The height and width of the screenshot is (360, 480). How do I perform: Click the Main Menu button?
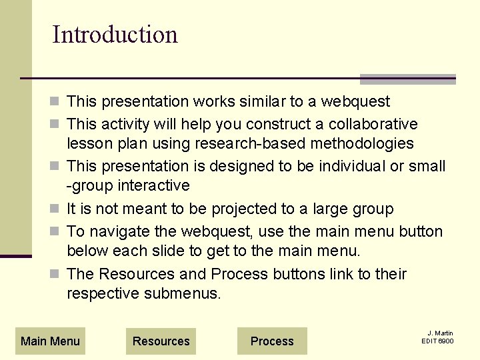(x=50, y=341)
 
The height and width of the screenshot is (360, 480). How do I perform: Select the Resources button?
(x=161, y=341)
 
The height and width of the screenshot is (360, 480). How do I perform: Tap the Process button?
(x=272, y=341)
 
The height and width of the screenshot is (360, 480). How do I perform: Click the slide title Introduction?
(x=115, y=35)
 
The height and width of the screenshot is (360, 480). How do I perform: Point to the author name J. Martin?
(x=440, y=333)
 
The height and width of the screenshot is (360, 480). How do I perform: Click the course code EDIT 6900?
(x=437, y=341)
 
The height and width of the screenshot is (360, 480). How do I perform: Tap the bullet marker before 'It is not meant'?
(x=57, y=209)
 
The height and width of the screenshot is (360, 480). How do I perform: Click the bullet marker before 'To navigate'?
(x=57, y=232)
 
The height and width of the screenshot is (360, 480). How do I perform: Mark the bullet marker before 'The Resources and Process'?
(x=57, y=275)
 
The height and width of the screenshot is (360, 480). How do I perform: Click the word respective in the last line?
(x=103, y=293)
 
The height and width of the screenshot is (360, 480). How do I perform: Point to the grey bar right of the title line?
(x=407, y=79)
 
